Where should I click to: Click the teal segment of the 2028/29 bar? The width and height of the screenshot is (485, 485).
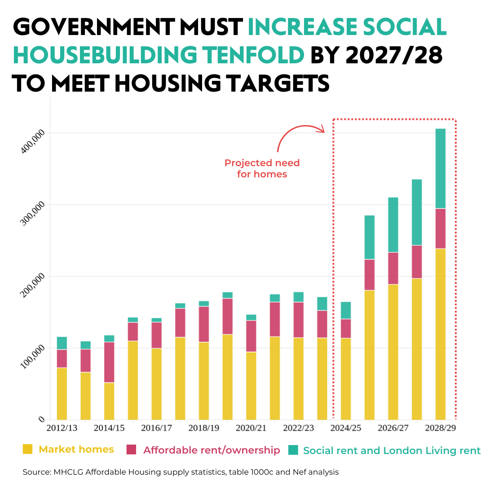pyautogui.click(x=441, y=168)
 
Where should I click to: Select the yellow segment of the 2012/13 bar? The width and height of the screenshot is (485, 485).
pyautogui.click(x=62, y=393)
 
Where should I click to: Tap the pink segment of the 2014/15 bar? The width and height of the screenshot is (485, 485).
pyautogui.click(x=109, y=362)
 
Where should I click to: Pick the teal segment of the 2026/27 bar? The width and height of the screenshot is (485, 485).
pyautogui.click(x=393, y=225)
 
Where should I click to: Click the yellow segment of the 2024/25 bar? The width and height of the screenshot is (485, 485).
pyautogui.click(x=346, y=379)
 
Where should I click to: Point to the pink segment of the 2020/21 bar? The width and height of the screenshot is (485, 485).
pyautogui.click(x=251, y=336)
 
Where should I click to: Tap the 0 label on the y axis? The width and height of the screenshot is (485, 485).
pyautogui.click(x=41, y=420)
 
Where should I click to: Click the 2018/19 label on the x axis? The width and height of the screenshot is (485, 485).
pyautogui.click(x=204, y=428)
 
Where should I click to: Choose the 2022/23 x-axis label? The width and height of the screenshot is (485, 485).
pyautogui.click(x=298, y=428)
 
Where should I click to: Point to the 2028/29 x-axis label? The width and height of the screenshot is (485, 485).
pyautogui.click(x=441, y=428)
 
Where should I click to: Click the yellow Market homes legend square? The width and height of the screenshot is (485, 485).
pyautogui.click(x=28, y=449)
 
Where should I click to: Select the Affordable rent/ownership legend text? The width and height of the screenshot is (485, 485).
pyautogui.click(x=212, y=450)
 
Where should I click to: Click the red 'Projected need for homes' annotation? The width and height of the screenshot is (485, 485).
pyautogui.click(x=262, y=168)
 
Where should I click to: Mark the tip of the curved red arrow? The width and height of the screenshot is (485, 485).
pyautogui.click(x=324, y=131)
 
